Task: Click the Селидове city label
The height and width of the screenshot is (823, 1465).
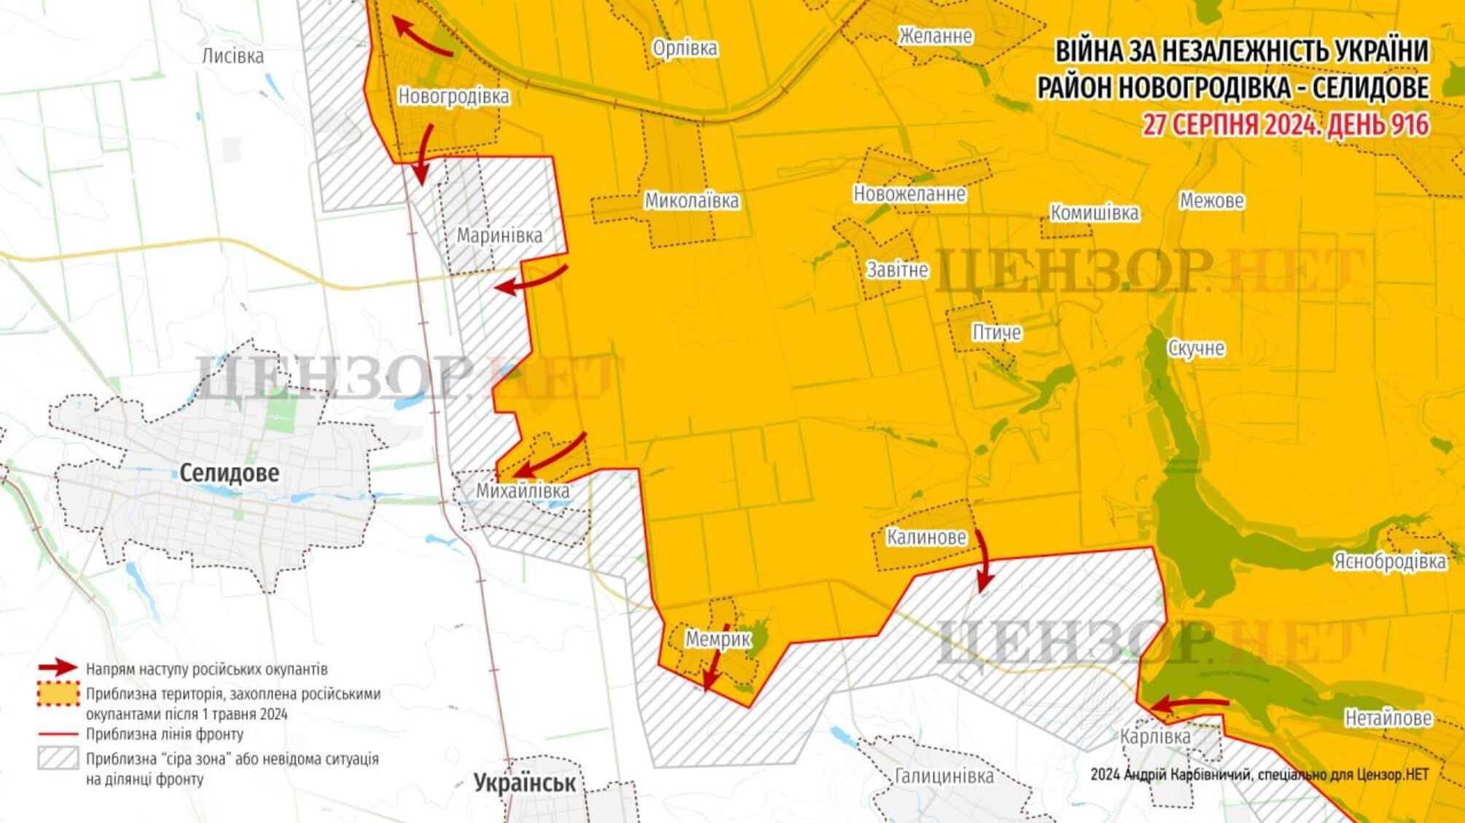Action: (229, 473)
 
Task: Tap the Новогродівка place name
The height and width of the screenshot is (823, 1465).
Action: (453, 96)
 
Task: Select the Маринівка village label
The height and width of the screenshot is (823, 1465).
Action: (499, 235)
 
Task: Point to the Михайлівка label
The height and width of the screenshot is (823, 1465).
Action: (523, 491)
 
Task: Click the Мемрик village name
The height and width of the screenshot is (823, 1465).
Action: (717, 639)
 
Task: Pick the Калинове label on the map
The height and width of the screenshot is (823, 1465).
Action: (926, 537)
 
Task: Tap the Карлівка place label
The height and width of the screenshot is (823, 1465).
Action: (1155, 736)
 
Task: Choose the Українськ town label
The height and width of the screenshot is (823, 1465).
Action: (525, 783)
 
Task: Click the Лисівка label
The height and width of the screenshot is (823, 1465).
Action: (233, 56)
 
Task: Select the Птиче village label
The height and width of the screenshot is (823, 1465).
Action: (996, 333)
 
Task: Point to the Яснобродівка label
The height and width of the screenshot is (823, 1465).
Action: (1389, 562)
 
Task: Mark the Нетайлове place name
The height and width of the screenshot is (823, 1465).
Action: (1388, 718)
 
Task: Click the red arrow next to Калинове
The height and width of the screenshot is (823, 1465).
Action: (983, 561)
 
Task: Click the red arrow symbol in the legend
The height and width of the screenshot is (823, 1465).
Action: (58, 668)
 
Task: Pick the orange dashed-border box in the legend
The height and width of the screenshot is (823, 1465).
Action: (58, 694)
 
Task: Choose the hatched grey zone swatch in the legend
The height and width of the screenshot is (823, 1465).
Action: (58, 758)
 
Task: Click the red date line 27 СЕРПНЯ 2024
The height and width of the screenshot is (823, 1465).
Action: (1285, 125)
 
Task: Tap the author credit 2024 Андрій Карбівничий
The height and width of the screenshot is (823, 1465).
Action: (1259, 775)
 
